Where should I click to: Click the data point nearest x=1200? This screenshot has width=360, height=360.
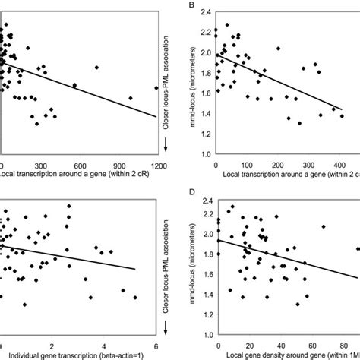pyautogui.click(x=156, y=87)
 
